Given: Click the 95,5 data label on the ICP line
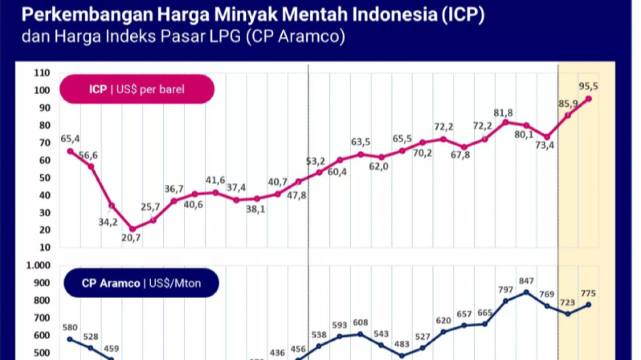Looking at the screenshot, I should (x=588, y=87).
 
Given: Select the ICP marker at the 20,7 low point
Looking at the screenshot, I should (x=133, y=229).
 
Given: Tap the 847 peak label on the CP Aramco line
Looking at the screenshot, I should (x=526, y=281).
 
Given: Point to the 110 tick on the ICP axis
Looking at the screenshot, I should (x=42, y=73).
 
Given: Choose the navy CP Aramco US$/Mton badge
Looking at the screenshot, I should (x=141, y=283).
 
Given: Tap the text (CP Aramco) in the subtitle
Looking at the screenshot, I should (x=296, y=37).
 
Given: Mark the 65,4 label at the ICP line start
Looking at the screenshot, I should (x=70, y=139).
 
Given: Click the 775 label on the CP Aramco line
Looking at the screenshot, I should (x=588, y=293).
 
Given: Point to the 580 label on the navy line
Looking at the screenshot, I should (x=70, y=327).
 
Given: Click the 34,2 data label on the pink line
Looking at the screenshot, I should (x=108, y=222).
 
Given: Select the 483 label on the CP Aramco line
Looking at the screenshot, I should (x=402, y=344).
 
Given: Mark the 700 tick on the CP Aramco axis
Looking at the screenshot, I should (x=42, y=318).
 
